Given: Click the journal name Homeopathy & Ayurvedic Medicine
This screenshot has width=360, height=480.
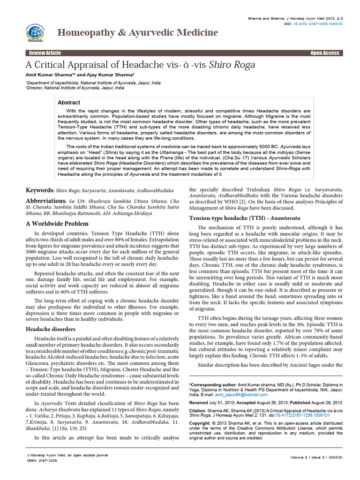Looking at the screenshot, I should click(x=137, y=32).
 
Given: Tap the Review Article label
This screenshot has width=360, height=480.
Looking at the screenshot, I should click(x=45, y=53).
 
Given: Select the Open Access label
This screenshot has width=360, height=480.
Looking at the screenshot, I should click(x=324, y=53).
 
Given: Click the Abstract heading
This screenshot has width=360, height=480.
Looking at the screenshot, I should click(x=68, y=102).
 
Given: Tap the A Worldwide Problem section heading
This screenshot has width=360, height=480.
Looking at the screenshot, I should click(x=57, y=224).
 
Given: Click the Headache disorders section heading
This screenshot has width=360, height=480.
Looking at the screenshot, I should click(x=50, y=329).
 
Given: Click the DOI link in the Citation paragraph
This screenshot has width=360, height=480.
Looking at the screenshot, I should click(x=302, y=415).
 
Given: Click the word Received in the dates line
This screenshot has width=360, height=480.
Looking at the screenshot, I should click(x=202, y=403).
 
